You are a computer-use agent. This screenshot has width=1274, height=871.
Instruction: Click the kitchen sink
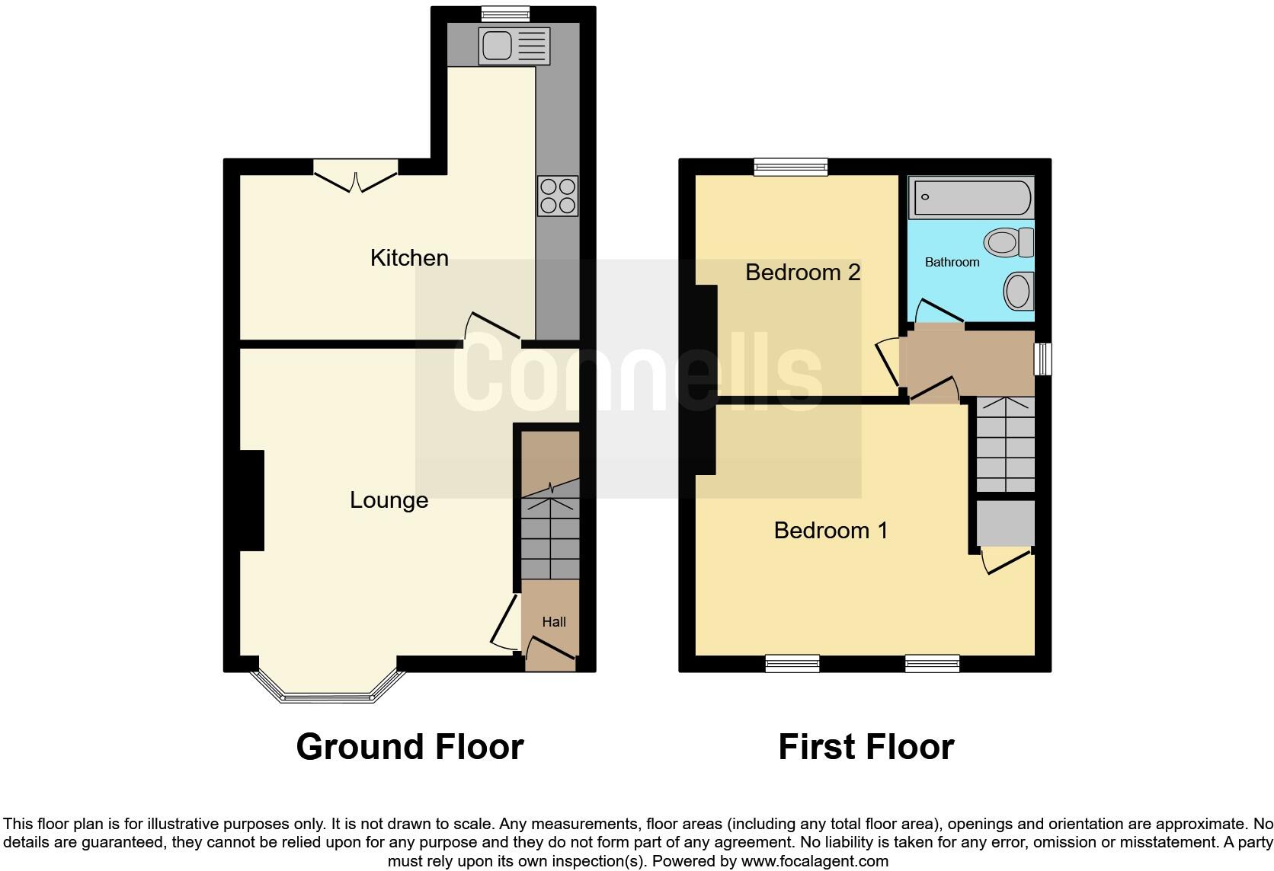(x=514, y=46)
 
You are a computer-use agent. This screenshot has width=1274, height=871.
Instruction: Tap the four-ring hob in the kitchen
(x=558, y=196)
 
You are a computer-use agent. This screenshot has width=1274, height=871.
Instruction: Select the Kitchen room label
(x=409, y=258)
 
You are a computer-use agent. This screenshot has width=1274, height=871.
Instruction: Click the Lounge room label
(x=389, y=500)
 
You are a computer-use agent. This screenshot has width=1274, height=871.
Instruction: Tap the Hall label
(x=554, y=622)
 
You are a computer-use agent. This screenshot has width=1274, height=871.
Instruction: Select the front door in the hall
(x=549, y=652)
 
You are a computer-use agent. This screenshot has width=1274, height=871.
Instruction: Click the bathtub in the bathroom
(x=970, y=197)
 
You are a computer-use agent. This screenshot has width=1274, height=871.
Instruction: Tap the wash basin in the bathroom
(x=1018, y=292)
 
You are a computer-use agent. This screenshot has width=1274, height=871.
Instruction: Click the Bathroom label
(x=952, y=262)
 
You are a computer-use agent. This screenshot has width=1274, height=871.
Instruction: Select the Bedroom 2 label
(x=802, y=272)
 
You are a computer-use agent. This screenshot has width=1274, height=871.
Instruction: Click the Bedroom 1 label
(x=831, y=530)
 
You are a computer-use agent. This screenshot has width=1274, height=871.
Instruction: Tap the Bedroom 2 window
(x=791, y=167)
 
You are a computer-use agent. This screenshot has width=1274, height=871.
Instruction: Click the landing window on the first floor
(x=1042, y=359)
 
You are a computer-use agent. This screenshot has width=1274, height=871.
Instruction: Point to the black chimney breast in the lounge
(x=251, y=500)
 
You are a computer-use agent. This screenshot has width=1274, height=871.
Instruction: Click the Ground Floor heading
(x=409, y=747)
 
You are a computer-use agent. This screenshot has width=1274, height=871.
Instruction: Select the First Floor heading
(x=866, y=747)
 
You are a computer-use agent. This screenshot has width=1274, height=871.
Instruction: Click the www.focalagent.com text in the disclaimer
(x=814, y=862)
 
